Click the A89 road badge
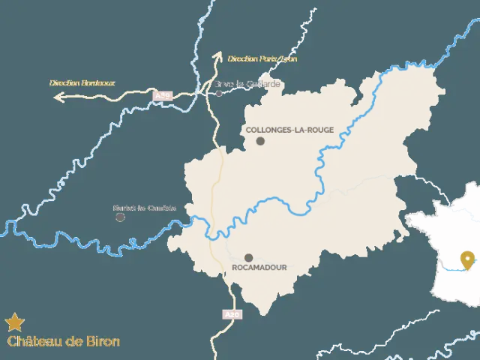tap(162, 96)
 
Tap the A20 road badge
tap(232, 314)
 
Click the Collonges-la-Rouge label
tap(289, 129)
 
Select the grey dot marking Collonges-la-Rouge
tap(260, 141)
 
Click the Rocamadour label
tap(259, 267)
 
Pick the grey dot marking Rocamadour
tap(248, 257)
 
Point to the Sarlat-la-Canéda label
tap(144, 208)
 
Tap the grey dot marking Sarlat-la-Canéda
tap(120, 217)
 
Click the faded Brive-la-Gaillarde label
tap(249, 84)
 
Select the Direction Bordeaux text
tap(82, 82)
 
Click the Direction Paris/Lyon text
tap(262, 58)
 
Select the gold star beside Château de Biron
tap(14, 323)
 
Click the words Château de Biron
tap(63, 342)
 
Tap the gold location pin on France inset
tap(469, 259)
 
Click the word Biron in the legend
tap(102, 342)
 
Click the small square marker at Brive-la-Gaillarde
tap(219, 94)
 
